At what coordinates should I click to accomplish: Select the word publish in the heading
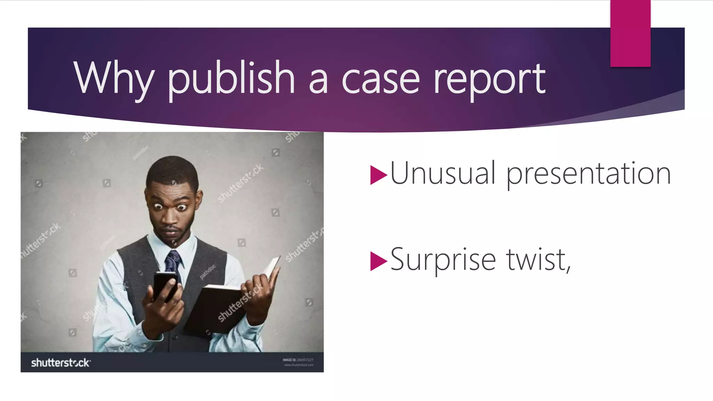click(x=232, y=78)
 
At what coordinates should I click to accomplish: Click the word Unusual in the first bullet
click(x=442, y=173)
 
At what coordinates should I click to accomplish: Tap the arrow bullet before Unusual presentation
click(x=378, y=175)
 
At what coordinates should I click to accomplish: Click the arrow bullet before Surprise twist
click(x=378, y=261)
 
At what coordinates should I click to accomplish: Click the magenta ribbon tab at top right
click(x=630, y=33)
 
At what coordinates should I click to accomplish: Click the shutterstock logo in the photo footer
click(x=61, y=363)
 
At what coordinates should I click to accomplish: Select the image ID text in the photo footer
click(x=298, y=360)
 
